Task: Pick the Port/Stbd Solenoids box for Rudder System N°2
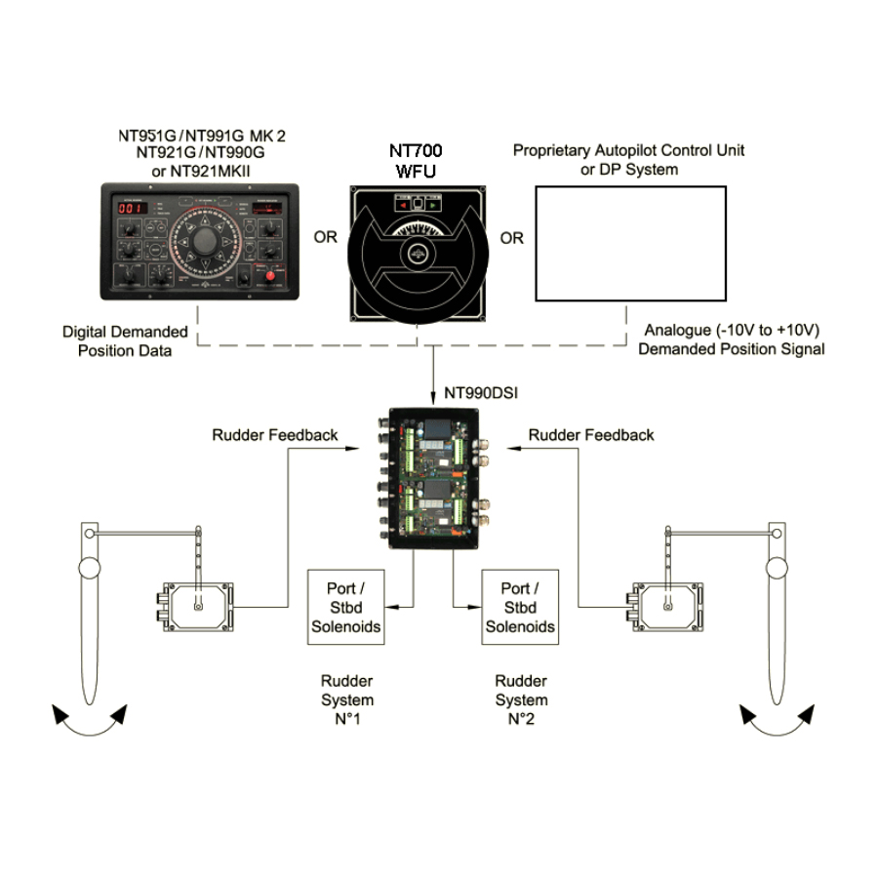click(x=521, y=607)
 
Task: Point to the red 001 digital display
click(x=129, y=208)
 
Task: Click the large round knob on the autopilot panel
click(x=204, y=240)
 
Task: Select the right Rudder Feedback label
click(x=591, y=435)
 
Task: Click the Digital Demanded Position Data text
click(x=125, y=341)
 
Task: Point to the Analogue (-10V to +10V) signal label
click(x=732, y=340)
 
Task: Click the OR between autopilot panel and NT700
click(x=324, y=238)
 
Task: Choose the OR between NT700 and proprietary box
click(x=511, y=238)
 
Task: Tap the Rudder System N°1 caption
click(x=346, y=699)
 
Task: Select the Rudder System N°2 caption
click(x=521, y=699)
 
